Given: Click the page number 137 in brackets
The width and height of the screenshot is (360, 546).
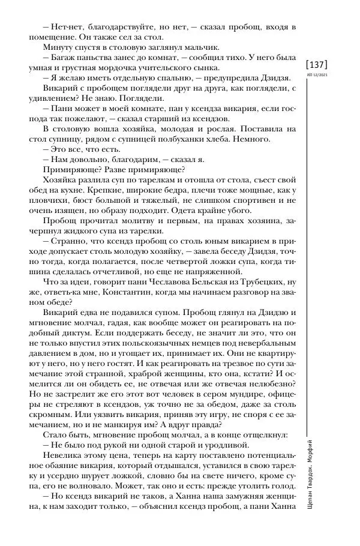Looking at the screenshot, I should [x=317, y=64].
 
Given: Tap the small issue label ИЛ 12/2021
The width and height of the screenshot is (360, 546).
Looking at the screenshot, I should [x=317, y=76].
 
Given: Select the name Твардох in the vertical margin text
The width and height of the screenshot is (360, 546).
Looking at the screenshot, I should [x=317, y=479].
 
